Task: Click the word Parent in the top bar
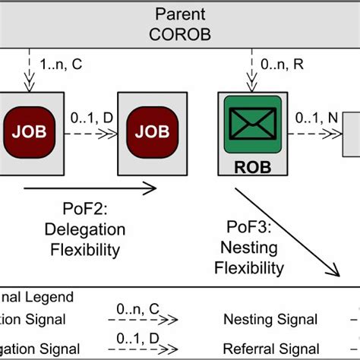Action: (179, 14)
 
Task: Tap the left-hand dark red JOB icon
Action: (29, 131)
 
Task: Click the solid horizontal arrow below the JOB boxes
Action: (91, 187)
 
